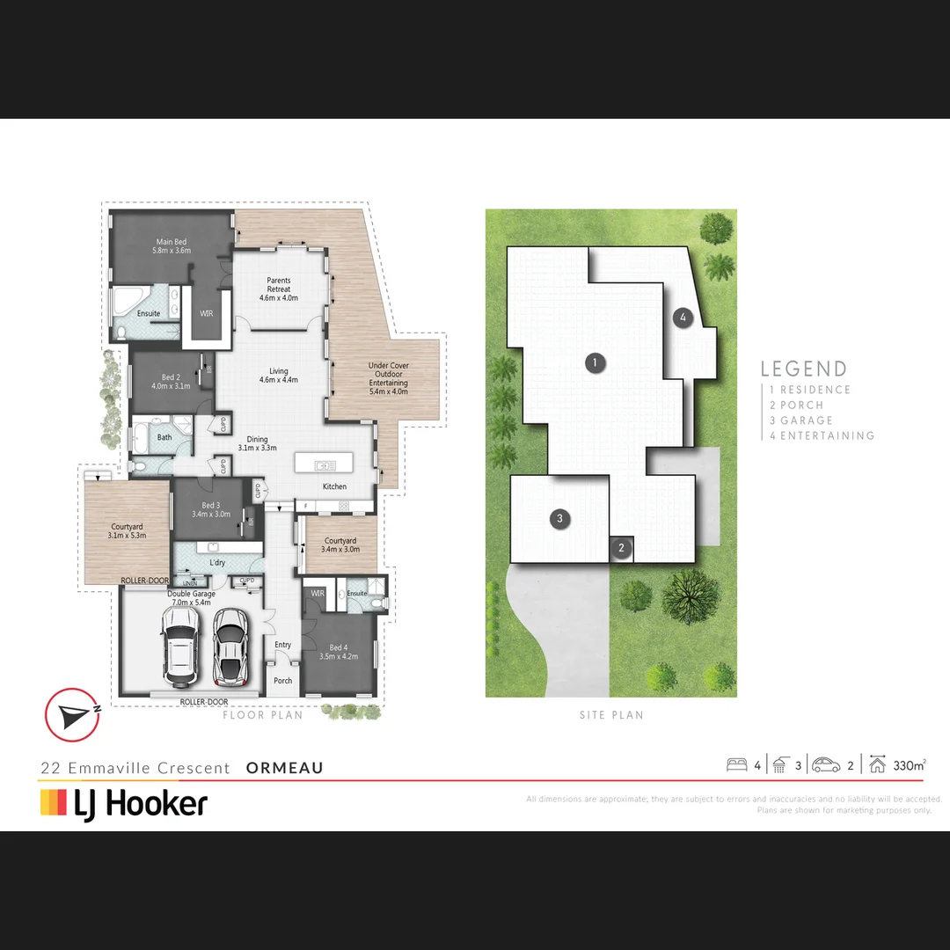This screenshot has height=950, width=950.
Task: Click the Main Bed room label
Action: pos(172,246)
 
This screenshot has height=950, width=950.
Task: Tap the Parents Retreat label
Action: pos(279,289)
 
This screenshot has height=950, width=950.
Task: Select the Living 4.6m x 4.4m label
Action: pos(279,376)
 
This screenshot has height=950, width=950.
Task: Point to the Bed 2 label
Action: pos(170,382)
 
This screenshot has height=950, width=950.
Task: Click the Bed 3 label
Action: pos(210,510)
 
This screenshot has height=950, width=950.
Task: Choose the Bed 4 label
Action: pos(338,652)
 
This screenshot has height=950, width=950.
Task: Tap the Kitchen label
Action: pos(334,486)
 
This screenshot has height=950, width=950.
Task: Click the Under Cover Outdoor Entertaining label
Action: pos(388,374)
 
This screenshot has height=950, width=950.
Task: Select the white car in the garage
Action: pos(179,647)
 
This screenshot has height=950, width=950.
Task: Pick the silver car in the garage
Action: pos(230,647)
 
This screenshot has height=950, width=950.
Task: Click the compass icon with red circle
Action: pos(72,714)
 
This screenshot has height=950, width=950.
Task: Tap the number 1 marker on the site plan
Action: pos(596,362)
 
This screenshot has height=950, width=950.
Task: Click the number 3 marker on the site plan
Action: pos(559,519)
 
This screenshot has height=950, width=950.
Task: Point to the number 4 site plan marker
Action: pos(683,318)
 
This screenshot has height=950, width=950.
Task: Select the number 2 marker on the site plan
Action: pos(621,548)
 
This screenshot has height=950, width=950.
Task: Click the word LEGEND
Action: pos(804,369)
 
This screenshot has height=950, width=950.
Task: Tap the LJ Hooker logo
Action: pos(124,803)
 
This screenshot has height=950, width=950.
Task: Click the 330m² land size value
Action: pos(909,765)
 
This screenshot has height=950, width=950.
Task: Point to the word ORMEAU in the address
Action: pos(285,768)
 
